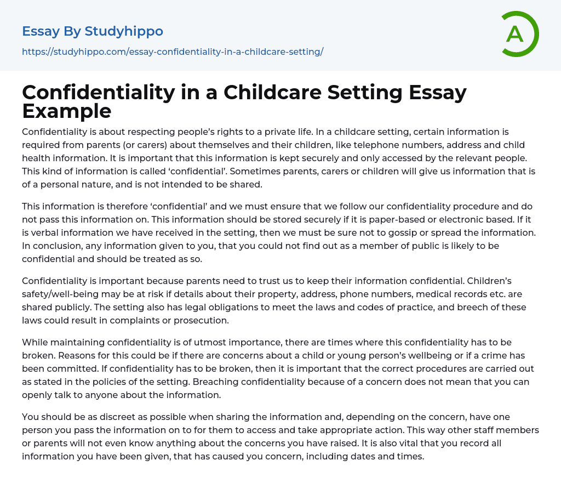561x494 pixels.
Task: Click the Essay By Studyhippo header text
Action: click(93, 31)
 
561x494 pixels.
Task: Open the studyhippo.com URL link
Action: click(173, 52)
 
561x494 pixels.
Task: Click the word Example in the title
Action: click(67, 111)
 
